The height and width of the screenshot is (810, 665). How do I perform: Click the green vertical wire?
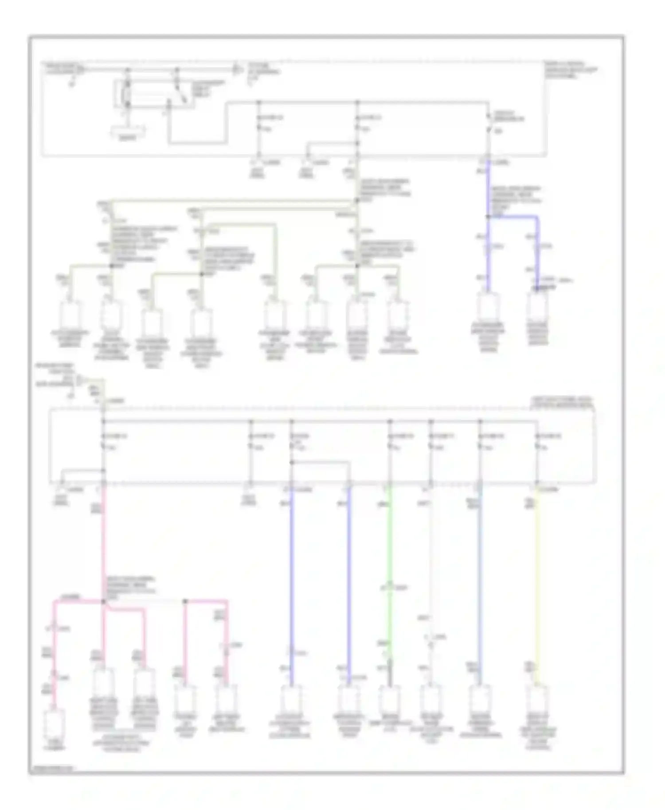pyautogui.click(x=390, y=554)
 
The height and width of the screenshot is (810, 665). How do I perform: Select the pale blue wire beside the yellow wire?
pyautogui.click(x=480, y=576)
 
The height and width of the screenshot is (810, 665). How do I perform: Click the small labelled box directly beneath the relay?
pyautogui.click(x=128, y=132)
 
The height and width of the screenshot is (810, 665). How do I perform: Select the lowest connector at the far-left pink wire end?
pyautogui.click(x=55, y=722)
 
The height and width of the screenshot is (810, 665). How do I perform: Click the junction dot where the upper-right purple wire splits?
pyautogui.click(x=488, y=217)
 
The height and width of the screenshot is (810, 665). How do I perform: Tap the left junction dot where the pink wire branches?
pyautogui.click(x=103, y=601)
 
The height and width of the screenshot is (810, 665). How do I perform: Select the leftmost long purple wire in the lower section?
pyautogui.click(x=291, y=576)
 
